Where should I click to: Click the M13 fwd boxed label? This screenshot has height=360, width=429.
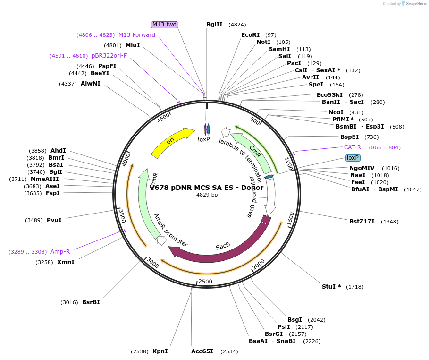(x=164, y=25)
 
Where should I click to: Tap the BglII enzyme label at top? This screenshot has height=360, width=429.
(x=214, y=25)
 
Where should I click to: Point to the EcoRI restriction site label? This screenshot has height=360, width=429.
(x=250, y=35)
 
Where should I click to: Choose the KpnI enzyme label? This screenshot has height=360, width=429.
(x=160, y=351)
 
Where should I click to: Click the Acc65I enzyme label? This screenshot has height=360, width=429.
(x=202, y=351)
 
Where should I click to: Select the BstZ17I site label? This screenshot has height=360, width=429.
(x=362, y=221)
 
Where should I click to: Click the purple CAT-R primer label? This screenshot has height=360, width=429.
(x=352, y=147)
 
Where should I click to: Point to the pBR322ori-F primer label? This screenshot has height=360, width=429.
(x=109, y=56)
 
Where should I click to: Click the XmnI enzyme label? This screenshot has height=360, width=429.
(x=66, y=262)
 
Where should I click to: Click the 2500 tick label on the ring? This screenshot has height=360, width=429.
(x=205, y=282)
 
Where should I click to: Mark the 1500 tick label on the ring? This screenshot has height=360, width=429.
(x=291, y=218)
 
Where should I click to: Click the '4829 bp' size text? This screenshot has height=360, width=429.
(x=207, y=195)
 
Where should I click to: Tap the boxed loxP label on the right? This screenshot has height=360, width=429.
(x=353, y=158)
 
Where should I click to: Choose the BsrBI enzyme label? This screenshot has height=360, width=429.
(x=91, y=302)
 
